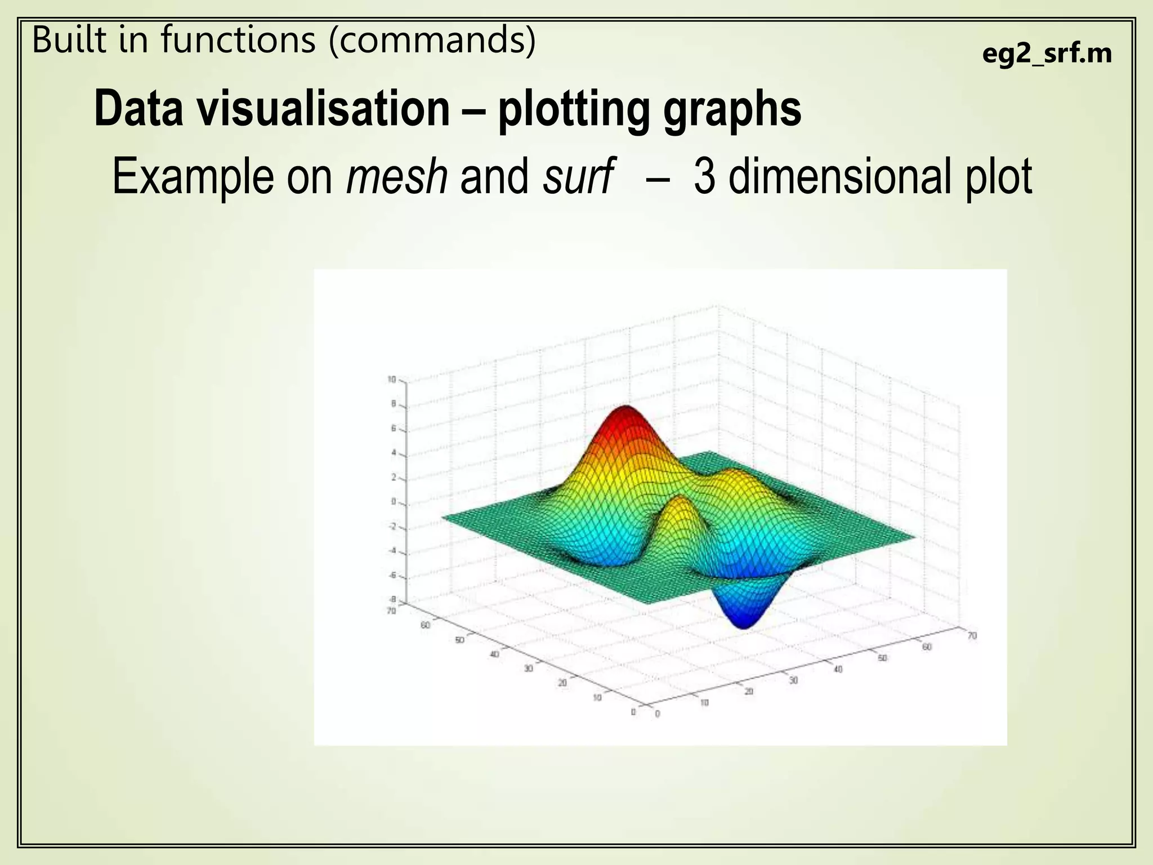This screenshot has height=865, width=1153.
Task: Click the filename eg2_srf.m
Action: (1047, 55)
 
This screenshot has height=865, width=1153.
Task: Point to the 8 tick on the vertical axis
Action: (394, 404)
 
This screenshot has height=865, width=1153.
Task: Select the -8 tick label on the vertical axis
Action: (392, 599)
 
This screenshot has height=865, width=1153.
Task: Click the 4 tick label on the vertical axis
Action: (394, 453)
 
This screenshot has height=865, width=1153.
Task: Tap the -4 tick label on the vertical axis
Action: (392, 551)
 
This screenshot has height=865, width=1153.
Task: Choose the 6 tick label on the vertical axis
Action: (394, 429)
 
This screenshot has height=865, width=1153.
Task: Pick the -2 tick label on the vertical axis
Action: (392, 527)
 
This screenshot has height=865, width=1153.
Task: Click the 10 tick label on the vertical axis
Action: (392, 380)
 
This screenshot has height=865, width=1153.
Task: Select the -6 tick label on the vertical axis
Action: (392, 576)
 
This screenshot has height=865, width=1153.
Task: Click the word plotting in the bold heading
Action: (573, 110)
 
